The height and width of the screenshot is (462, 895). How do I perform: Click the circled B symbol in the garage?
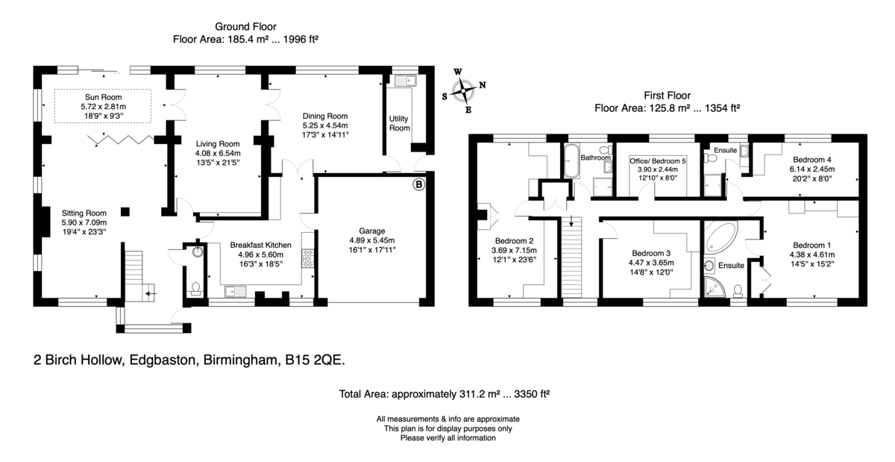click(418, 184)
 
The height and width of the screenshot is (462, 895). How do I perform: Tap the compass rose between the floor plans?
click(463, 91)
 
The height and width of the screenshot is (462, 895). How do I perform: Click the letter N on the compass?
click(483, 85)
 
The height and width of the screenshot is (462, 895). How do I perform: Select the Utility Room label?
click(400, 123)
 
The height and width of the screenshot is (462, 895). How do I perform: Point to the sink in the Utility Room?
click(406, 81)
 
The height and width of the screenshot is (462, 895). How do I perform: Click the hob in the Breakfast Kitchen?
click(307, 258)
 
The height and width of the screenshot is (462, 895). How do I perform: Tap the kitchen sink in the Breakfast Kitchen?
click(236, 292)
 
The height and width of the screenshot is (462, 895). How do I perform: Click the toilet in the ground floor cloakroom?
click(195, 289)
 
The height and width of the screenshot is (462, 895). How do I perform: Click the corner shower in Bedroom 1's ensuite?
click(714, 287)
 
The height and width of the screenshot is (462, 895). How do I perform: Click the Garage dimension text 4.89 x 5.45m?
click(372, 240)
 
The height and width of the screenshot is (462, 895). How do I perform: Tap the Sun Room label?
click(103, 97)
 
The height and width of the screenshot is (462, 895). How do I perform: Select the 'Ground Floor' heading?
click(245, 26)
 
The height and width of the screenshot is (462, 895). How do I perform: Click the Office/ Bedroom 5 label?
click(658, 161)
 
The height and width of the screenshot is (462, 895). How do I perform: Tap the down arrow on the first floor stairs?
click(571, 221)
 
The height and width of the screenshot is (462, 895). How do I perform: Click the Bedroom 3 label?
click(651, 253)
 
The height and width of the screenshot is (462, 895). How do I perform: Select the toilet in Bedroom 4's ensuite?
click(711, 158)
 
